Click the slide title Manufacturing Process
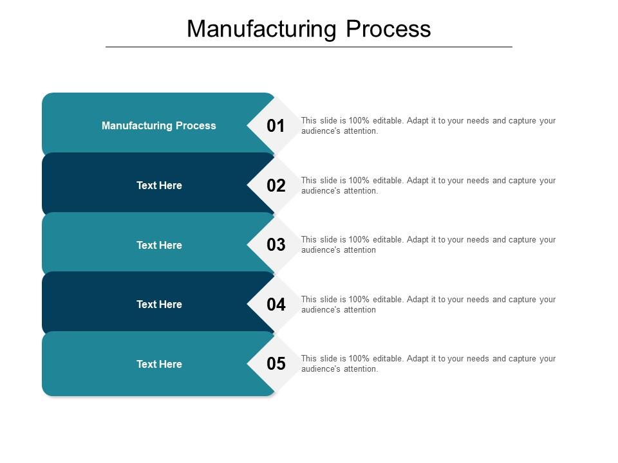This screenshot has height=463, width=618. (309, 29)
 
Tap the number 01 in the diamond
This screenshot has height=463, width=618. (276, 126)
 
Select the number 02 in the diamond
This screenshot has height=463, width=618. (276, 186)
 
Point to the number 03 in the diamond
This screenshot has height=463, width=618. (276, 245)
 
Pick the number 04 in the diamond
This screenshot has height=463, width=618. (276, 305)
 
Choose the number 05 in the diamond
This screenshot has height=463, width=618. (276, 364)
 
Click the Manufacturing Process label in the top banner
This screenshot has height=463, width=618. (159, 126)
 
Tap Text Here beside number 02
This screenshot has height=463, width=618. (159, 185)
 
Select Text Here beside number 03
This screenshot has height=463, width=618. (159, 245)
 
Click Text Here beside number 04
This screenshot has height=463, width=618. (159, 304)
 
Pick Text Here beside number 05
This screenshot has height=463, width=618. (159, 364)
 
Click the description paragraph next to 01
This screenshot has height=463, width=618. (428, 125)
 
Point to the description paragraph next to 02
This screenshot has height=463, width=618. (428, 185)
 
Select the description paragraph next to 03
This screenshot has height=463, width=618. (428, 244)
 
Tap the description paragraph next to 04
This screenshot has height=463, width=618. (428, 304)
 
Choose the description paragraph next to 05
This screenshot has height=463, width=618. (428, 363)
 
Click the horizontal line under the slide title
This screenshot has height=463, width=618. (309, 47)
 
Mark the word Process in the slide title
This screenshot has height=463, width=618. (388, 29)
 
